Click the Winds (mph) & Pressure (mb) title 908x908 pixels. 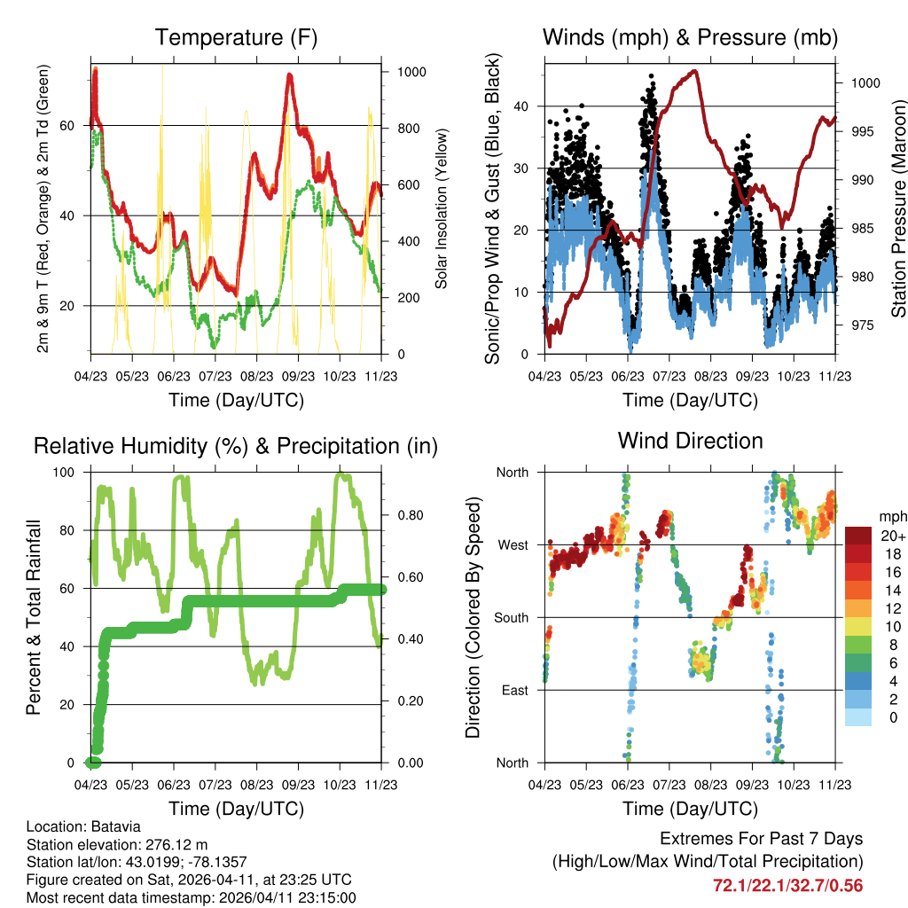(690, 38)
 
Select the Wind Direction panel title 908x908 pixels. (690, 441)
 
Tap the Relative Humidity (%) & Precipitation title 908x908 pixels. (235, 446)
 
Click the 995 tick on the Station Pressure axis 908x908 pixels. (864, 131)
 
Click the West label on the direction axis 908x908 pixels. (512, 544)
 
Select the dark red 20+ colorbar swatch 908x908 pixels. (861, 536)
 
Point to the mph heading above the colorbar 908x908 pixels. (892, 516)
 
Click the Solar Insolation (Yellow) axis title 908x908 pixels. (441, 208)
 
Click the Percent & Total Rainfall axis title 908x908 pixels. (34, 618)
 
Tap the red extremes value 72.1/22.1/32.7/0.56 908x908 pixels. (787, 885)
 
